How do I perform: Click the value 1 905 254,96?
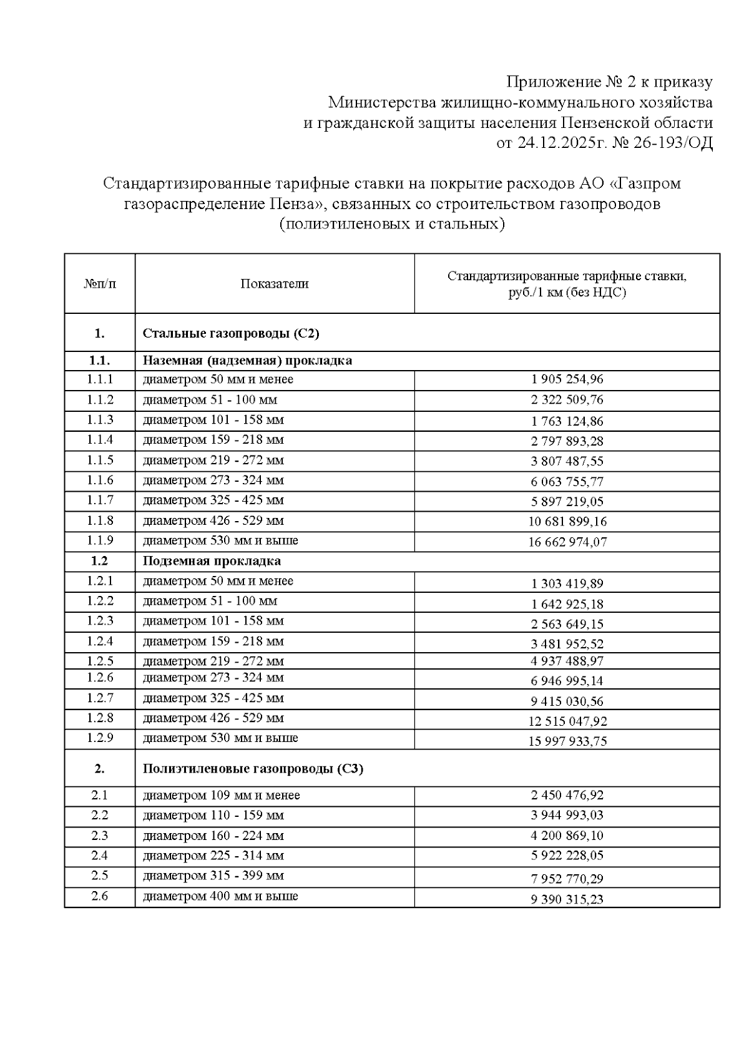coord(567,379)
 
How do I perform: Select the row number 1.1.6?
coord(100,481)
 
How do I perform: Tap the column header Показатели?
coord(275,284)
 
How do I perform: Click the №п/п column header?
coord(100,284)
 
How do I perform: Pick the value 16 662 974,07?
coord(567,542)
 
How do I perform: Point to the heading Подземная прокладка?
coord(212,561)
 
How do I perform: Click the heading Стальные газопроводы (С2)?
coord(231,333)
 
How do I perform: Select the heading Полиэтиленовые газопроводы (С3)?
coord(253,769)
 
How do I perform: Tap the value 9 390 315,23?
coord(567,899)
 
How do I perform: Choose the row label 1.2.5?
coord(100,661)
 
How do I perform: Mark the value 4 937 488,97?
coord(567,661)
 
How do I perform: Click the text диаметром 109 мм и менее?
coord(221,796)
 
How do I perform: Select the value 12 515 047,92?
coord(567,721)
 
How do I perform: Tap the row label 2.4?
coord(100,856)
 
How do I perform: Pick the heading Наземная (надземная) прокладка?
coord(247,361)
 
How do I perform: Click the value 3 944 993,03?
coord(567,816)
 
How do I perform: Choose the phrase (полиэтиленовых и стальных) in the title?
coord(391,224)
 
